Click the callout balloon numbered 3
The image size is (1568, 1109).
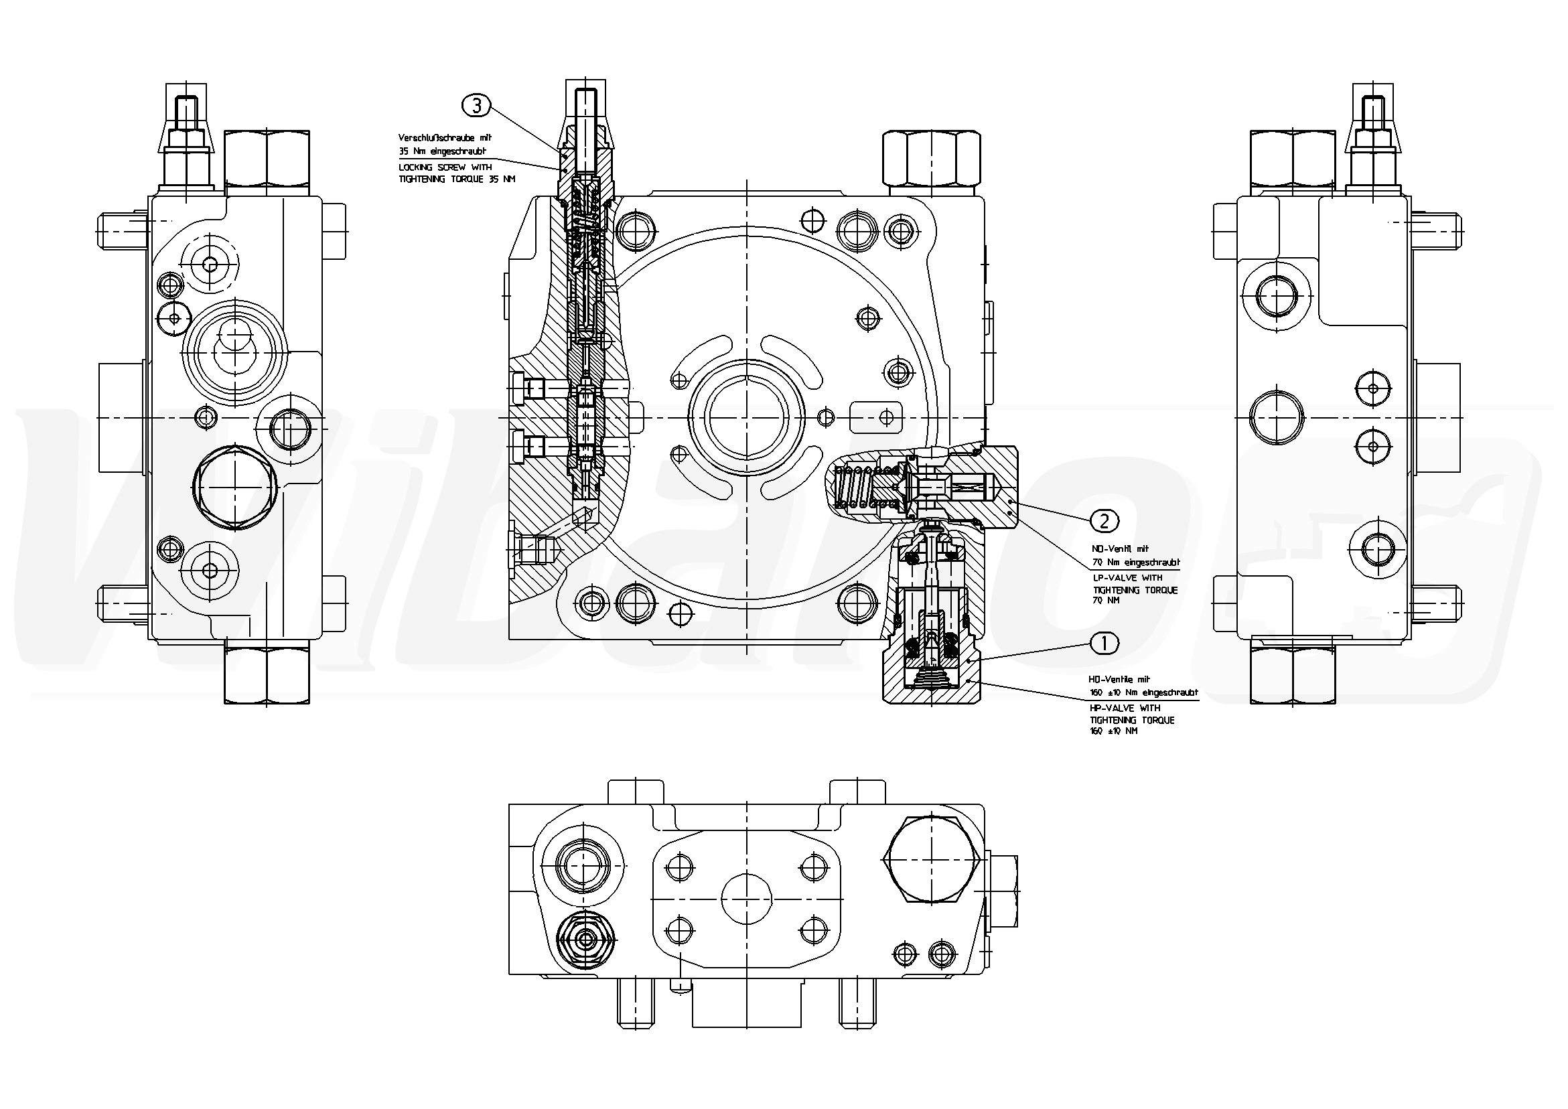[x=477, y=105]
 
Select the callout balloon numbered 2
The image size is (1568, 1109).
[x=1104, y=521]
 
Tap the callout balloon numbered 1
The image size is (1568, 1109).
[x=1105, y=643]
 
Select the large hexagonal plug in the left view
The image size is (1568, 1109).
[x=234, y=486]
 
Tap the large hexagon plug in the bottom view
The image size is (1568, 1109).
[x=933, y=859]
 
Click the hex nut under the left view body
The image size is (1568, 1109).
[x=267, y=676]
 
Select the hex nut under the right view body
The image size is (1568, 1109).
[x=1293, y=676]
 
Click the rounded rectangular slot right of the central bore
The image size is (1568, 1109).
[x=875, y=417]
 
